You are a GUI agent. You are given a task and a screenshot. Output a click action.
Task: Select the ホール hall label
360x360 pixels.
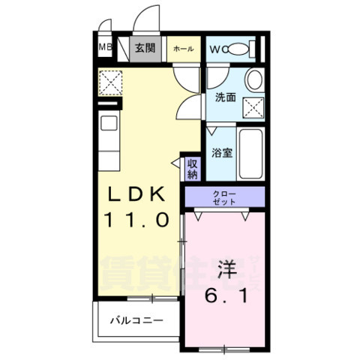point(183,49)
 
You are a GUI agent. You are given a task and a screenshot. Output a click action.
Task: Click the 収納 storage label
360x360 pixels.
point(192,169)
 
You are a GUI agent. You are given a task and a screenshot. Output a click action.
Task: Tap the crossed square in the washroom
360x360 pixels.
point(252,106)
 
